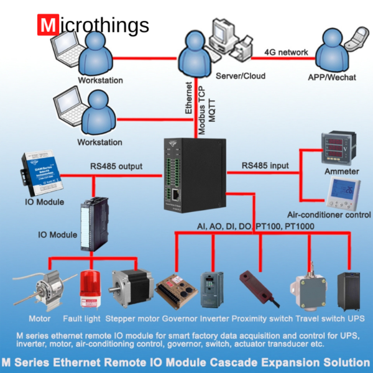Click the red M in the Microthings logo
coord(47,25)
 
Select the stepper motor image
coord(129,290)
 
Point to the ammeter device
coord(337,149)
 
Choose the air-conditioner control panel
coord(343,193)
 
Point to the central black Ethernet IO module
coord(194,172)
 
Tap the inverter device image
coord(210,290)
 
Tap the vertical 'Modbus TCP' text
coord(201,109)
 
